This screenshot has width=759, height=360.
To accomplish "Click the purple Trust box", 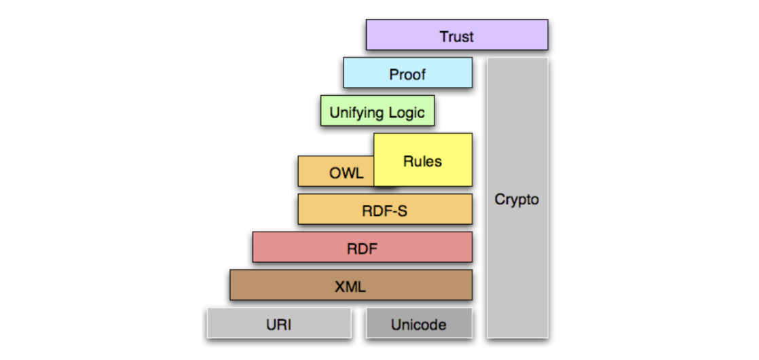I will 456,35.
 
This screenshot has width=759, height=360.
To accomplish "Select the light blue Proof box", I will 407,73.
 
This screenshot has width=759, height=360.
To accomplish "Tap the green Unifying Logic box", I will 377,111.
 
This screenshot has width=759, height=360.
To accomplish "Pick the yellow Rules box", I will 422,160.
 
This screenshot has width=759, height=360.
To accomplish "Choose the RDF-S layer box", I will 384,209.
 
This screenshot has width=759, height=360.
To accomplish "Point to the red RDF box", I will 362,247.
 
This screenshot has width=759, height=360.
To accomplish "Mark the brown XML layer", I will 350,285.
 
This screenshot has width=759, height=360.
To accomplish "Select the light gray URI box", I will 279,323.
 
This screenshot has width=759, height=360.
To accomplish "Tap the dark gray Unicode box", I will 418,323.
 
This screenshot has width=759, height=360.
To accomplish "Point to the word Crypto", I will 517,200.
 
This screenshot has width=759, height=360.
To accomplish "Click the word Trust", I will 456,37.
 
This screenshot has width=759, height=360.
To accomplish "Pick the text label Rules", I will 422,162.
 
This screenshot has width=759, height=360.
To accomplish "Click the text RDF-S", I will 384,211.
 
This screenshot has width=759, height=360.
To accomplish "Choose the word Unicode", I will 418,325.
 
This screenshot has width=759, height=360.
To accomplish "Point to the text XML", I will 350,287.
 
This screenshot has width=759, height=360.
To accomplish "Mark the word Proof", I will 407,75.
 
